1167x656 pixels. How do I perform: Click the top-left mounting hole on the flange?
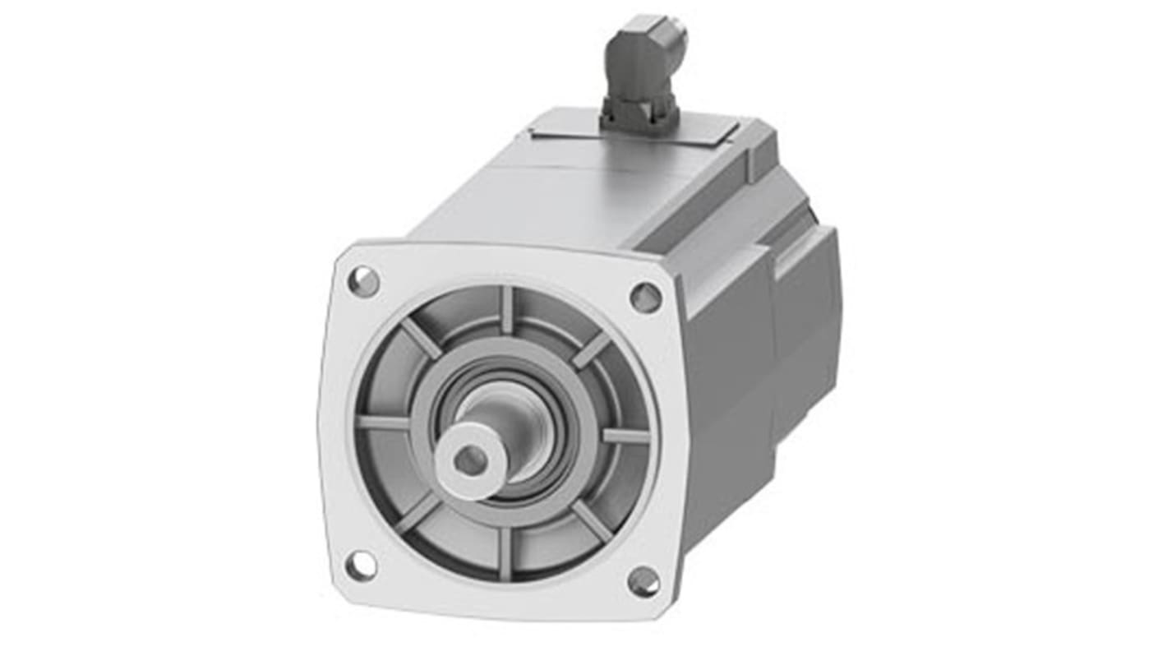[x=363, y=282]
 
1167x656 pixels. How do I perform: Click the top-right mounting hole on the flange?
[x=645, y=297]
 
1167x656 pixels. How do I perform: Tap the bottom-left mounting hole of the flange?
[x=361, y=565]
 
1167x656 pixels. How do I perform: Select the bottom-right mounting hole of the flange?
[x=643, y=582]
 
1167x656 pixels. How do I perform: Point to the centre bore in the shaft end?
[x=469, y=460]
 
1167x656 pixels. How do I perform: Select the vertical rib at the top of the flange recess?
[x=507, y=310]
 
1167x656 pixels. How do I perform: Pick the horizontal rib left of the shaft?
[x=384, y=423]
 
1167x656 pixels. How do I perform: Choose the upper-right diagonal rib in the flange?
[x=591, y=350]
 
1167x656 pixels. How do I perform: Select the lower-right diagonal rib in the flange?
[x=592, y=522]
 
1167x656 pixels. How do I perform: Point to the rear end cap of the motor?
[x=805, y=312]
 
